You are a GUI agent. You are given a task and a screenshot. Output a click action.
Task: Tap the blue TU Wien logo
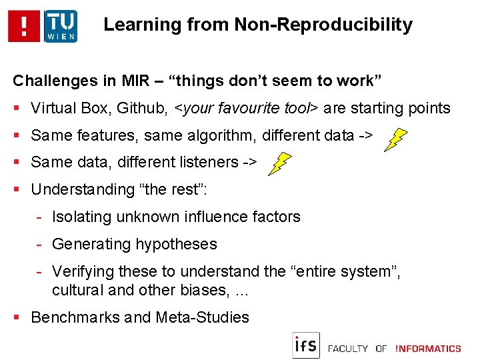click(61, 26)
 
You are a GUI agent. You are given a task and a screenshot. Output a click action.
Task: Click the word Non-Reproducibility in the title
click(323, 25)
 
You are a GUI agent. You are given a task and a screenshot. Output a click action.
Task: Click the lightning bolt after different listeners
click(280, 163)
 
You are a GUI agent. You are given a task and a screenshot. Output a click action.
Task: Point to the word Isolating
click(78, 217)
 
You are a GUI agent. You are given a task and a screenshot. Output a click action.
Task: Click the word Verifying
click(78, 271)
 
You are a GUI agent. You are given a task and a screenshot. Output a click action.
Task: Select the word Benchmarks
click(71, 317)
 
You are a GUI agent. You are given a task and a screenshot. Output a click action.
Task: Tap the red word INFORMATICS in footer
click(428, 348)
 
